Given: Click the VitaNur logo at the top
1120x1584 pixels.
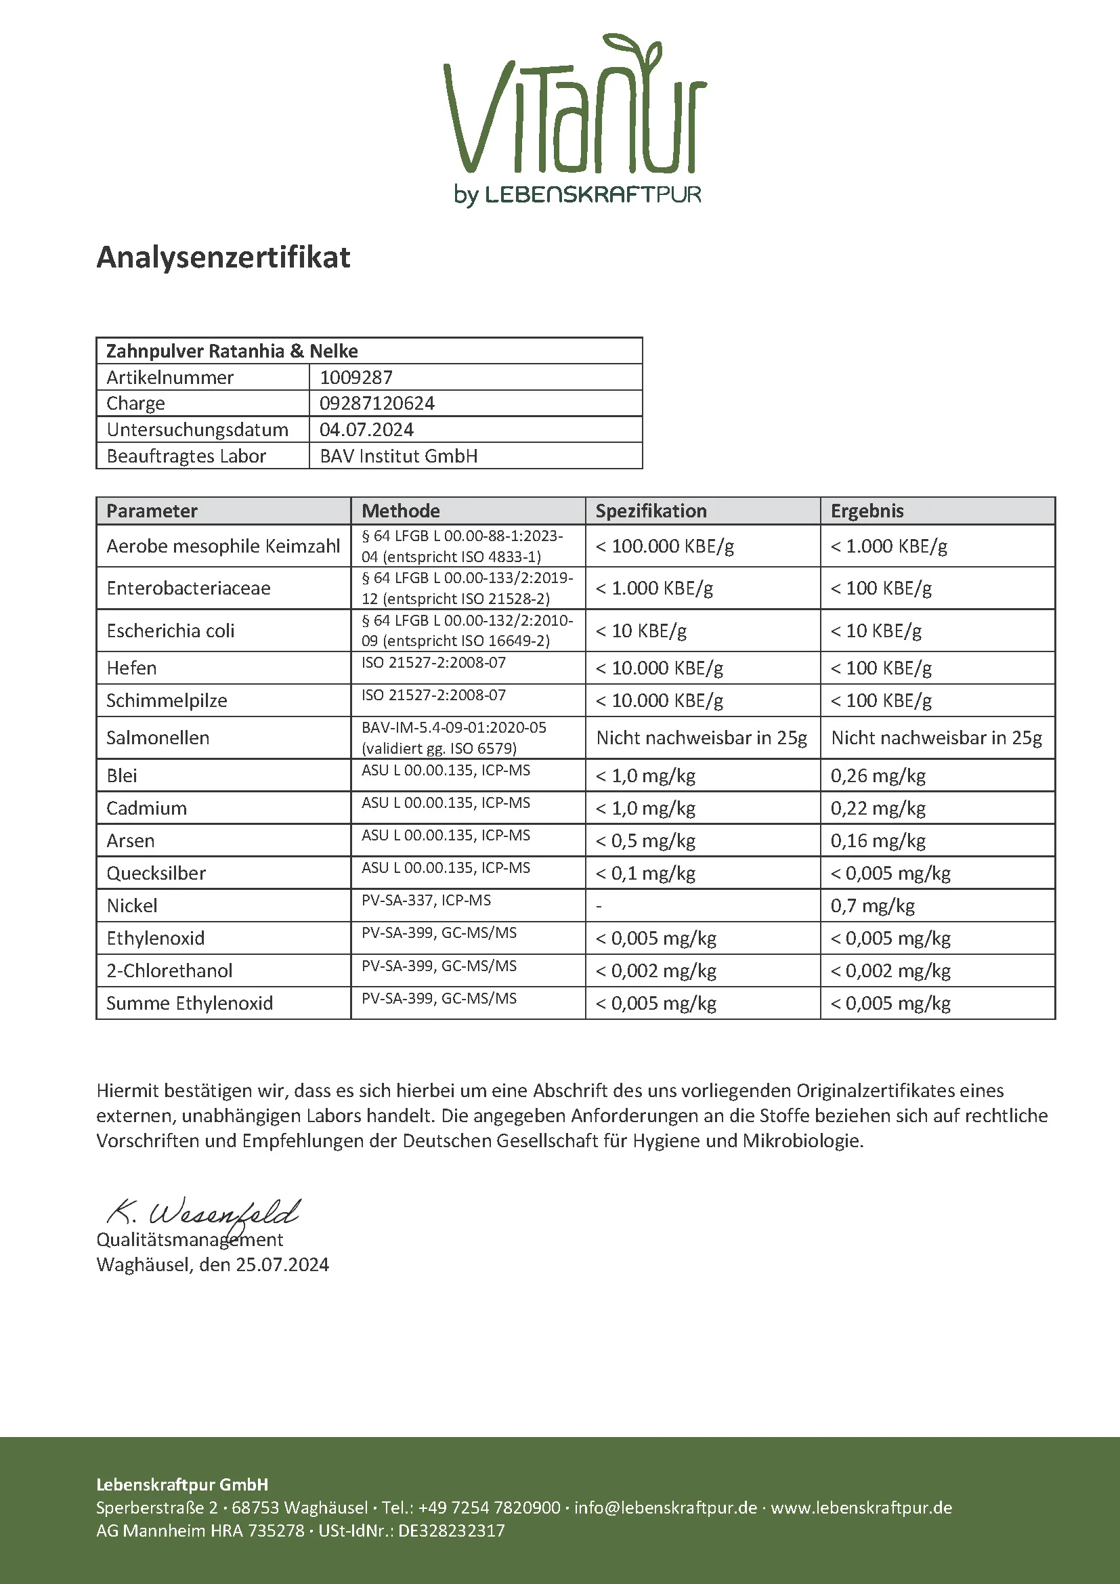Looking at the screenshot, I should (574, 117).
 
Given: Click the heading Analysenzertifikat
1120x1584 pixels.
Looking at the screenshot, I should (223, 257).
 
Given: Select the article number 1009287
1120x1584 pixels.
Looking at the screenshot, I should (356, 377).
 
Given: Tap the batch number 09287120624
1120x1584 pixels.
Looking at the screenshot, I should (376, 403).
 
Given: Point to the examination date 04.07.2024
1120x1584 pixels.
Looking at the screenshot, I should (366, 429).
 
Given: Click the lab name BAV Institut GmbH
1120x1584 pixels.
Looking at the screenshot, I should (399, 456).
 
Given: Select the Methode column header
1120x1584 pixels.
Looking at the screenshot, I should (401, 511).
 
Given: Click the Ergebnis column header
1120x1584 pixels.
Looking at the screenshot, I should (867, 511).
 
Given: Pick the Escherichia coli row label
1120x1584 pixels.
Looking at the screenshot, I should (171, 630).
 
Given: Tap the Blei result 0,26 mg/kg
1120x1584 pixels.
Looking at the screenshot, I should (877, 775).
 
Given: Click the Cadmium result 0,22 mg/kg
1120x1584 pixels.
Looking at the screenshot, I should (877, 808).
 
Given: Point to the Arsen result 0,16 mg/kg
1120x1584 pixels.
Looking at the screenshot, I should (877, 840).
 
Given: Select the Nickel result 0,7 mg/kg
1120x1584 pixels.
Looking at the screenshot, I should (872, 905).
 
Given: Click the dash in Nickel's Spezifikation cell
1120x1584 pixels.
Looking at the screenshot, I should (599, 906).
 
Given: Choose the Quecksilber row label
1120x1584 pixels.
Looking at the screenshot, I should (156, 873).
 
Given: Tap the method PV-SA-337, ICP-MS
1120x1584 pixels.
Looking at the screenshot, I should (426, 900).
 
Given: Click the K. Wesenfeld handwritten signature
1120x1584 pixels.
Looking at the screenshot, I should (204, 1212).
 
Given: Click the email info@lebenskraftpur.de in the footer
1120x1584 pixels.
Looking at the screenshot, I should (666, 1507).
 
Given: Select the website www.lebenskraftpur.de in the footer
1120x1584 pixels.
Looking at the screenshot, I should (861, 1507).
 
